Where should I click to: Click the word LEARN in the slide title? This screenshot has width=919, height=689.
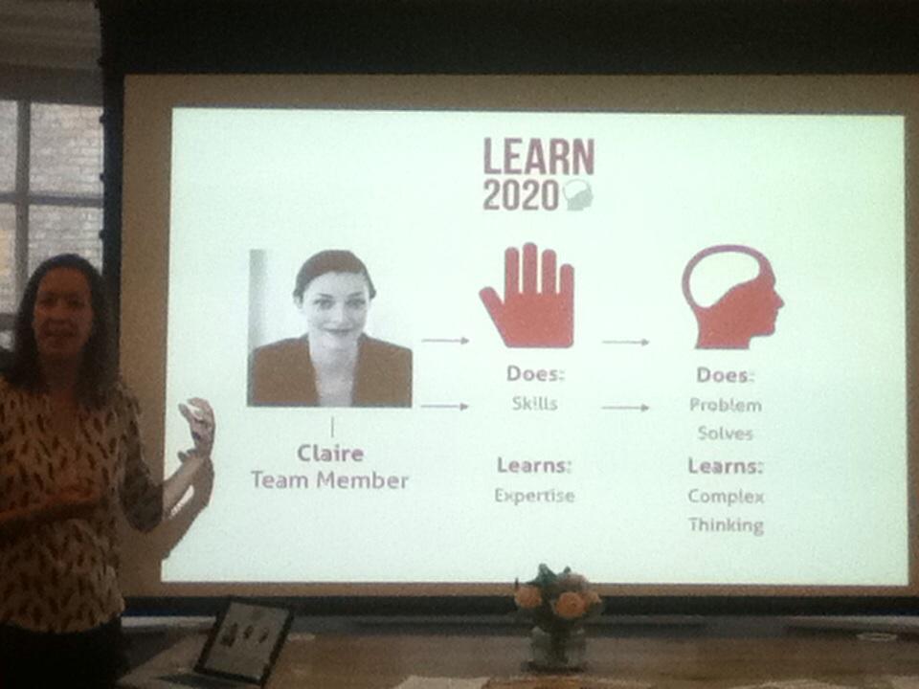(538, 157)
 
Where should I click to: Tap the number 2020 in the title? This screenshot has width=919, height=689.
(520, 194)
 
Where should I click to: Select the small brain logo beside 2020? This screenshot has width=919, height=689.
(578, 195)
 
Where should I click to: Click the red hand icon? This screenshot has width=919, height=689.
(527, 296)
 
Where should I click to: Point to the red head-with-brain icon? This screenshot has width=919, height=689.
(731, 296)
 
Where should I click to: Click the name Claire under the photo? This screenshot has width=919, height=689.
(331, 452)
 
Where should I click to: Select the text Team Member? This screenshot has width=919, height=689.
(329, 480)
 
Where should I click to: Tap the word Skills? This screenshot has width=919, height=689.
(534, 404)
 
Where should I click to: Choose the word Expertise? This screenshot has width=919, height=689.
(533, 496)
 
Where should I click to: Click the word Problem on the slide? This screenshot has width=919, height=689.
(726, 405)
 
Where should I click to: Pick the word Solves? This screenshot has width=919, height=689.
(725, 433)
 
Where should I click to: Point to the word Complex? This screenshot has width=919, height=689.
(726, 497)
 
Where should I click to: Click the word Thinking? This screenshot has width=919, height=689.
(726, 525)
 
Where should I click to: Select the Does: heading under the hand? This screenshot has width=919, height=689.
(533, 375)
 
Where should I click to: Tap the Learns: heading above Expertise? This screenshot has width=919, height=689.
(533, 466)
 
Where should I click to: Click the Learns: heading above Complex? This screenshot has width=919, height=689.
(725, 467)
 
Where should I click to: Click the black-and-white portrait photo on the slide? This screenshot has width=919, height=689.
(330, 328)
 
